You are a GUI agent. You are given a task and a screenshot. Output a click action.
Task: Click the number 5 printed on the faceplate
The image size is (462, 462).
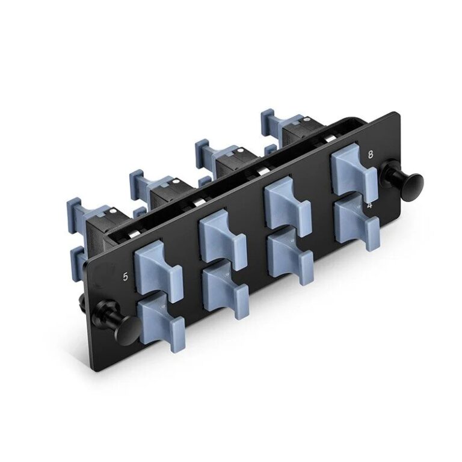pos(125,277)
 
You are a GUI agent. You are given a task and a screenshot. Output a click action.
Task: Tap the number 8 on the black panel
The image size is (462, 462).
pos(370,154)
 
